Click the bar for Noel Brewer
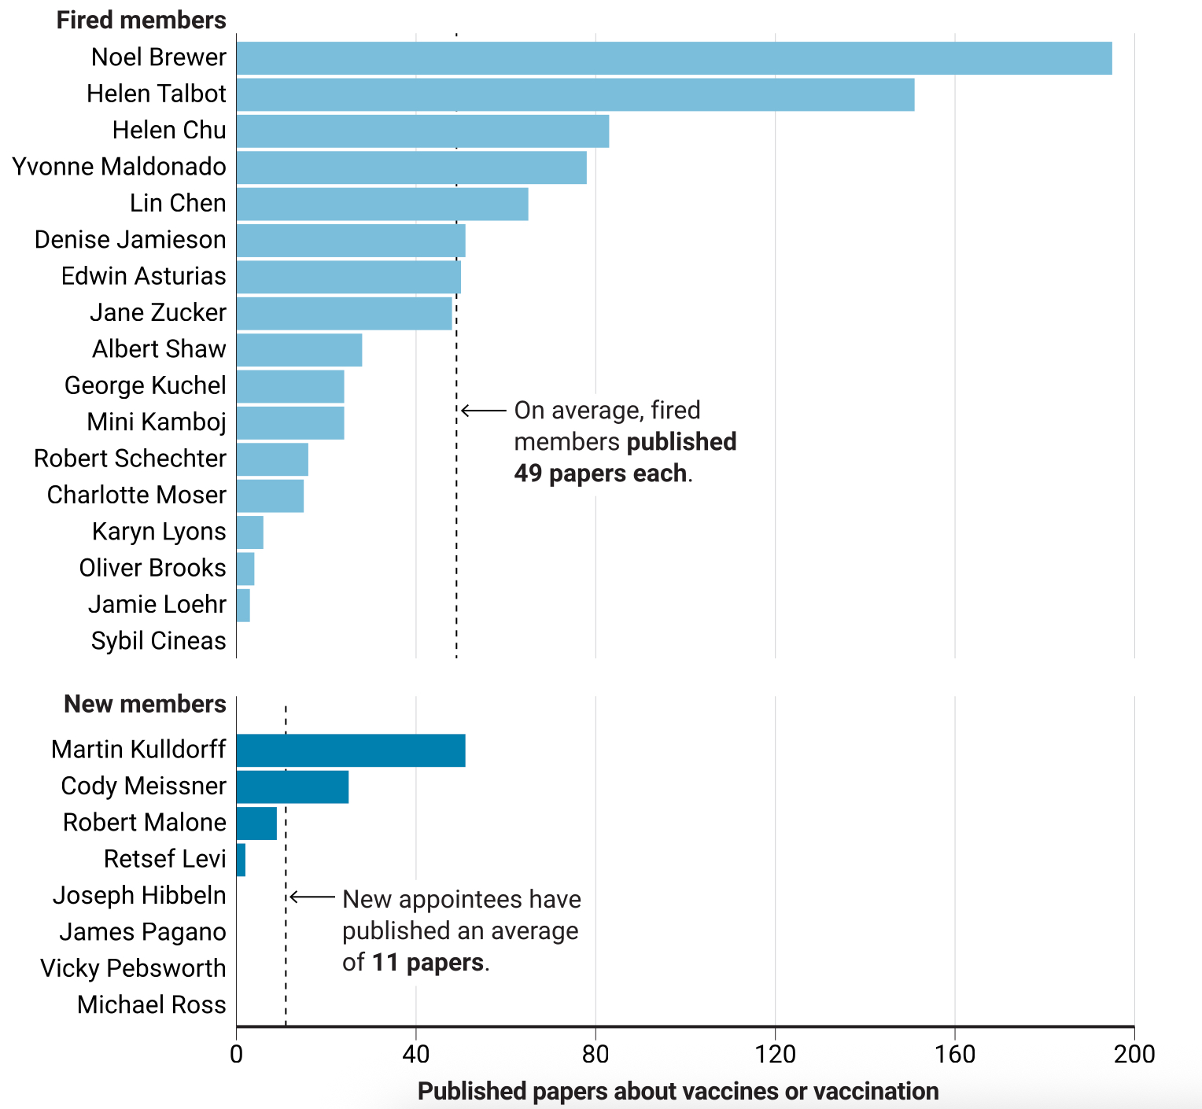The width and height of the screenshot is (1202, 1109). click(x=674, y=58)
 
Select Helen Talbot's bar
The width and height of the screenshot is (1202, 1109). click(x=575, y=94)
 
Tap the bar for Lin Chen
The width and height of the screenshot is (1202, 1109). click(x=382, y=204)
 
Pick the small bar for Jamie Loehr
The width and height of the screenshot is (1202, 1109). click(x=243, y=606)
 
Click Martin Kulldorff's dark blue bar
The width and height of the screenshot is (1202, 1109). click(x=351, y=750)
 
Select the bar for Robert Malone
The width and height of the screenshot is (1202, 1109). click(x=256, y=823)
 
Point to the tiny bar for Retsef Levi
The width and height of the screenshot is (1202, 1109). click(x=241, y=860)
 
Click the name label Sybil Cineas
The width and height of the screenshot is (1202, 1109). click(x=158, y=641)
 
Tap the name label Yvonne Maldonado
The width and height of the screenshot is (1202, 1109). click(x=119, y=167)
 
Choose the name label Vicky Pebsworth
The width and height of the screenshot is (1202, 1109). click(x=133, y=968)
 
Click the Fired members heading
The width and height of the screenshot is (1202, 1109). click(x=141, y=20)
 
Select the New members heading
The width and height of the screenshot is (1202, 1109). click(x=145, y=704)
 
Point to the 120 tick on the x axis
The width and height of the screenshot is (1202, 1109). click(x=775, y=1054)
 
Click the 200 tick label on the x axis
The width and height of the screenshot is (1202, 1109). click(x=1134, y=1054)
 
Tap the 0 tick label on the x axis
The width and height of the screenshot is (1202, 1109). click(x=236, y=1054)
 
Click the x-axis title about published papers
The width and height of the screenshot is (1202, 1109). click(x=678, y=1092)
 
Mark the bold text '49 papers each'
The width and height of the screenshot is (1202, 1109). click(x=600, y=473)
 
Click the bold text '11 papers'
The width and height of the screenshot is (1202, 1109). click(x=428, y=963)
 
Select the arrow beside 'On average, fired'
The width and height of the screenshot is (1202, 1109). click(x=484, y=411)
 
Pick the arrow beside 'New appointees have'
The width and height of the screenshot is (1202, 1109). click(x=312, y=897)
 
